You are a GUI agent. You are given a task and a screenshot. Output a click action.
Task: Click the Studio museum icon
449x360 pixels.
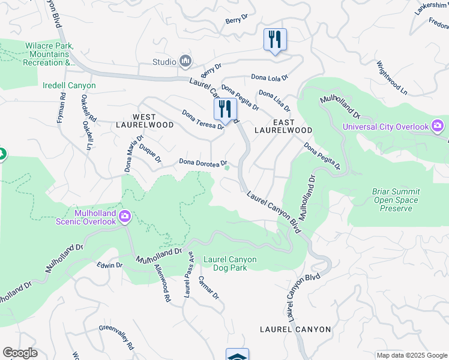coord(186,61)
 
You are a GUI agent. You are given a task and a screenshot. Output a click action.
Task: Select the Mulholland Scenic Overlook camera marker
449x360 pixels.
coord(124,217)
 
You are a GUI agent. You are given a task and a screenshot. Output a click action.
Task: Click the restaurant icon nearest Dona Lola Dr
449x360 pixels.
coord(275,40)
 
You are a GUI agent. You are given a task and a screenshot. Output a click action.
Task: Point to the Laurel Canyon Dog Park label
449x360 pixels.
coord(230,263)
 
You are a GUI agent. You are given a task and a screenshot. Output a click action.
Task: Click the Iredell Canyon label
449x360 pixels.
coord(69,86)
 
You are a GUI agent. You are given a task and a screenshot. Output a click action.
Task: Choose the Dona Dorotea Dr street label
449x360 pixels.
coord(203,163)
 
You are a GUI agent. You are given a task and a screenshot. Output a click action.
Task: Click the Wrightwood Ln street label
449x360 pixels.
coord(392,77)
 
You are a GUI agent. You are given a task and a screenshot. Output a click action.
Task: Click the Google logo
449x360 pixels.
coord(20,353)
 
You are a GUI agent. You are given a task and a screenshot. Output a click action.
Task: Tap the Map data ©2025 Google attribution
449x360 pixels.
coord(411,355)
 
